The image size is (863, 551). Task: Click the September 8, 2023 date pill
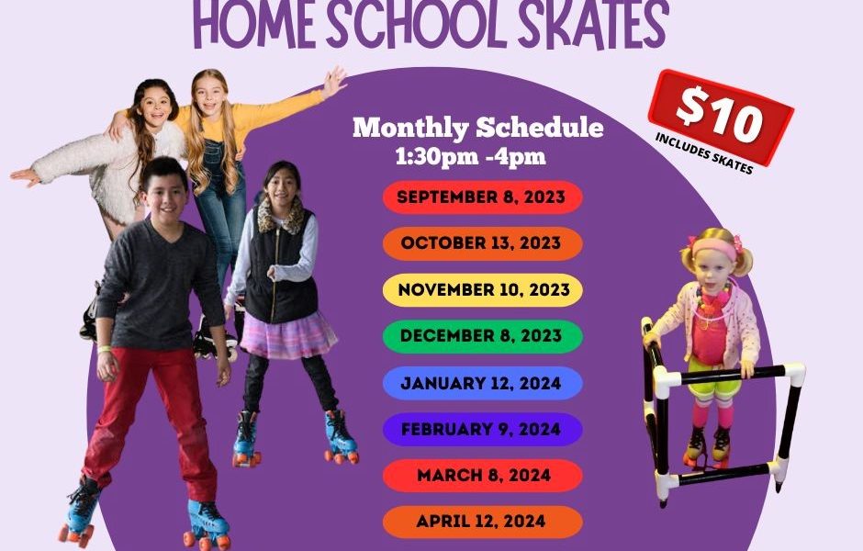tap(483, 197)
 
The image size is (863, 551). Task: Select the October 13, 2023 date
tap(483, 243)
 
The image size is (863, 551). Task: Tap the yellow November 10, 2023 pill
tap(483, 289)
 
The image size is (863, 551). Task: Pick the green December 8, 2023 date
tap(483, 336)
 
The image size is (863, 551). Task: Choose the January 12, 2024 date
tap(483, 383)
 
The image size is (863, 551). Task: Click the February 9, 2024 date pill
tap(483, 429)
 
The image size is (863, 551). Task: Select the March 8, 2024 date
tap(483, 475)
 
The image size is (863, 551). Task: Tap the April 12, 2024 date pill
tap(483, 522)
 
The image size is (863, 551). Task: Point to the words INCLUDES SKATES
tap(704, 153)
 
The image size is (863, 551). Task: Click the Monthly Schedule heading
tap(477, 127)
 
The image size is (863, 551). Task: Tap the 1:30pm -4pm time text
tap(471, 156)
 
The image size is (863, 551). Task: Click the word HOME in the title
tap(254, 24)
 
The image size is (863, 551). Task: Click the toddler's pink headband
tap(714, 248)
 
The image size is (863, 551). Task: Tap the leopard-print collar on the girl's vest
tap(281, 217)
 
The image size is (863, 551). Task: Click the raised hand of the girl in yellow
tap(333, 82)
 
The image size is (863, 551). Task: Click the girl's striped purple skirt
tap(288, 334)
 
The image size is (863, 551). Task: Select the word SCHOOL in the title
tap(417, 24)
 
